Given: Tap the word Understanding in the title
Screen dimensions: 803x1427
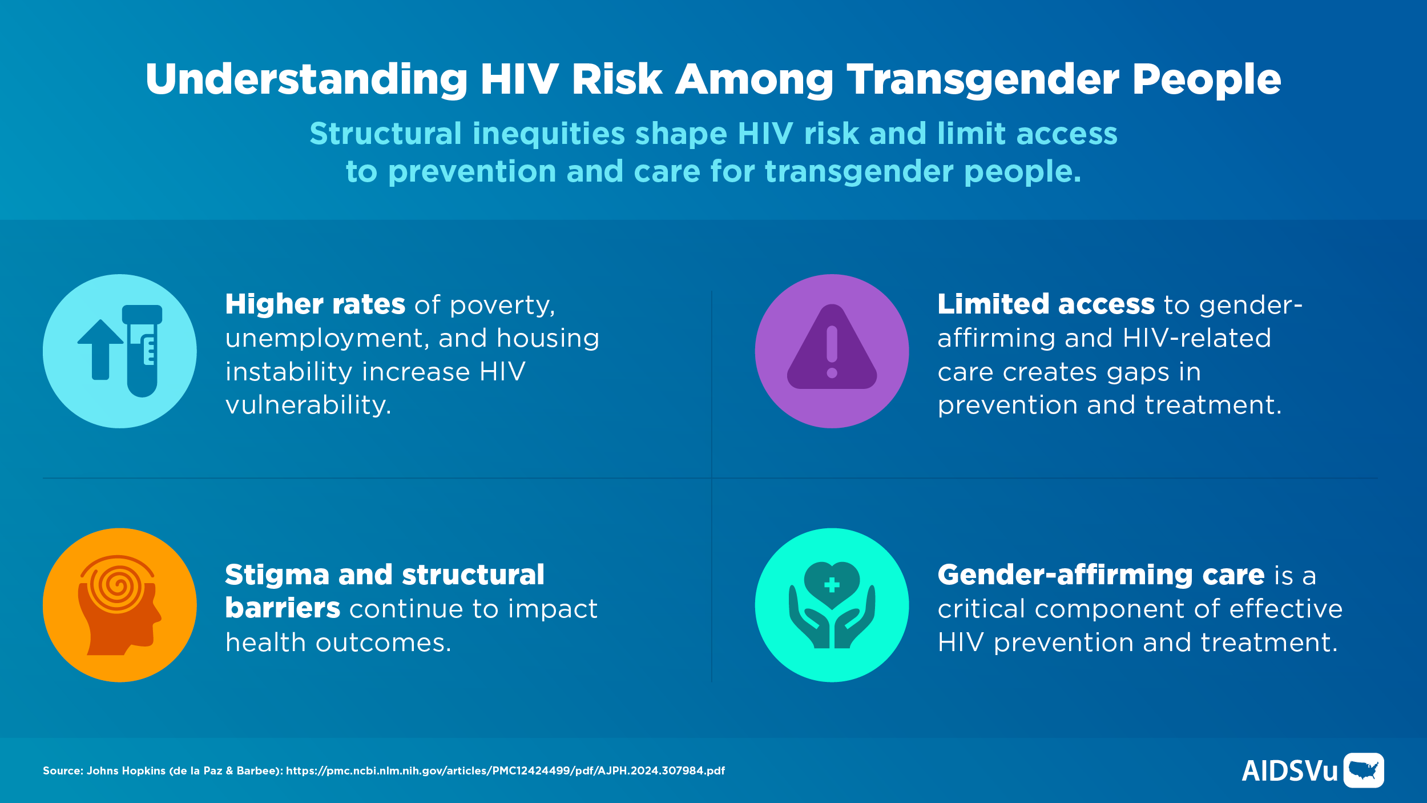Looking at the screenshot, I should pyautogui.click(x=307, y=79).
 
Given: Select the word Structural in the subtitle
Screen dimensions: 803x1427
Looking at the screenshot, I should pyautogui.click(x=385, y=134).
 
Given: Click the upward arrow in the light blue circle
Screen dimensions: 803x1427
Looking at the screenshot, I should pyautogui.click(x=100, y=348).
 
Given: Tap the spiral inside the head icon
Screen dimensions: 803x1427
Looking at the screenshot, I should pyautogui.click(x=118, y=585).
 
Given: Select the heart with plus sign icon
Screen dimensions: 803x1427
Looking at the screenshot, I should pyautogui.click(x=832, y=584).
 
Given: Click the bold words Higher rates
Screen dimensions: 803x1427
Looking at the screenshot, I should pyautogui.click(x=315, y=304).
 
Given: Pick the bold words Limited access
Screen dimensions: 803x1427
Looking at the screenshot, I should pyautogui.click(x=1046, y=304).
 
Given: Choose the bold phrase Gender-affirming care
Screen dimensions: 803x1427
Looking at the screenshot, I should pyautogui.click(x=1101, y=575).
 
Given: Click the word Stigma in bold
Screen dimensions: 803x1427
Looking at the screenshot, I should pyautogui.click(x=277, y=575).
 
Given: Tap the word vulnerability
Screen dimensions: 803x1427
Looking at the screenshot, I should pyautogui.click(x=308, y=405).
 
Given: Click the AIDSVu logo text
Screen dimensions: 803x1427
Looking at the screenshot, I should pyautogui.click(x=1289, y=771).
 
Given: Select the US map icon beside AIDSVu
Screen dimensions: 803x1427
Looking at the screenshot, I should pyautogui.click(x=1364, y=770).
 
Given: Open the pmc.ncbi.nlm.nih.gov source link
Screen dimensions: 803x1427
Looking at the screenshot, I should pyautogui.click(x=505, y=771).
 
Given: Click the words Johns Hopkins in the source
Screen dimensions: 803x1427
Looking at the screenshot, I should pyautogui.click(x=126, y=771).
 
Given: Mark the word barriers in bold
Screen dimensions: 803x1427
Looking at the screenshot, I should pyautogui.click(x=283, y=609).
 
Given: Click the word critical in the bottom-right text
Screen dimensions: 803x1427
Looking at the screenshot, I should pyautogui.click(x=981, y=609).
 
